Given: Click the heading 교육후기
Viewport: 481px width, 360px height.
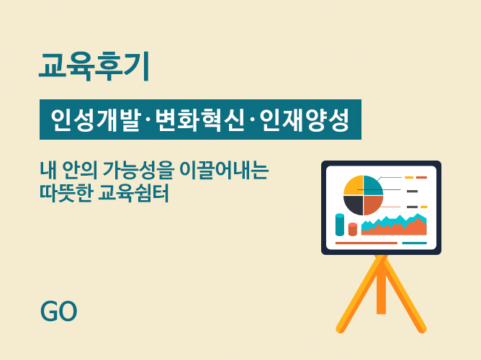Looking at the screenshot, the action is (x=94, y=66).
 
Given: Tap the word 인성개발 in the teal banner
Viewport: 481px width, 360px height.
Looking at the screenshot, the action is (x=95, y=120).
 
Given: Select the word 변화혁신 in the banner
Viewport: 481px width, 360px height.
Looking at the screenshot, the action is (x=199, y=120).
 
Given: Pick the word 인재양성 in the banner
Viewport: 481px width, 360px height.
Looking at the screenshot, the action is (x=305, y=120).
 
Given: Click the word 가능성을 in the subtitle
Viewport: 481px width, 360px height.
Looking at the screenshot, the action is (x=138, y=170).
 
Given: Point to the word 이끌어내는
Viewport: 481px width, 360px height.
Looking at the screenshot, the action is (x=224, y=170).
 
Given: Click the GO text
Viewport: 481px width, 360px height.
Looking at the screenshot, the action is (x=58, y=311).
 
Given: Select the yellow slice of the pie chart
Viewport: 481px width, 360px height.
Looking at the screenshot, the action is (x=354, y=186).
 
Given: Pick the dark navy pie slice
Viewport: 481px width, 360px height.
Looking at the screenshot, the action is (x=354, y=204).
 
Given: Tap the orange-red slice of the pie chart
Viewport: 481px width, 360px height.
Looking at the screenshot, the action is (x=372, y=204).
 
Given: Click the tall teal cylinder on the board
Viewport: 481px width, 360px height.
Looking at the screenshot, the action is (x=340, y=225).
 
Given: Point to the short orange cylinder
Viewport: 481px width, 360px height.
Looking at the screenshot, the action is (x=353, y=230).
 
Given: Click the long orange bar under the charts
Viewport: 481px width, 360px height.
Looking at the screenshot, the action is (x=367, y=243).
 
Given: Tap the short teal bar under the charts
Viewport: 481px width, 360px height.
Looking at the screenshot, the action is (x=415, y=243).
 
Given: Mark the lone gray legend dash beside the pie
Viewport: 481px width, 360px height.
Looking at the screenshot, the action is (x=412, y=192).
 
